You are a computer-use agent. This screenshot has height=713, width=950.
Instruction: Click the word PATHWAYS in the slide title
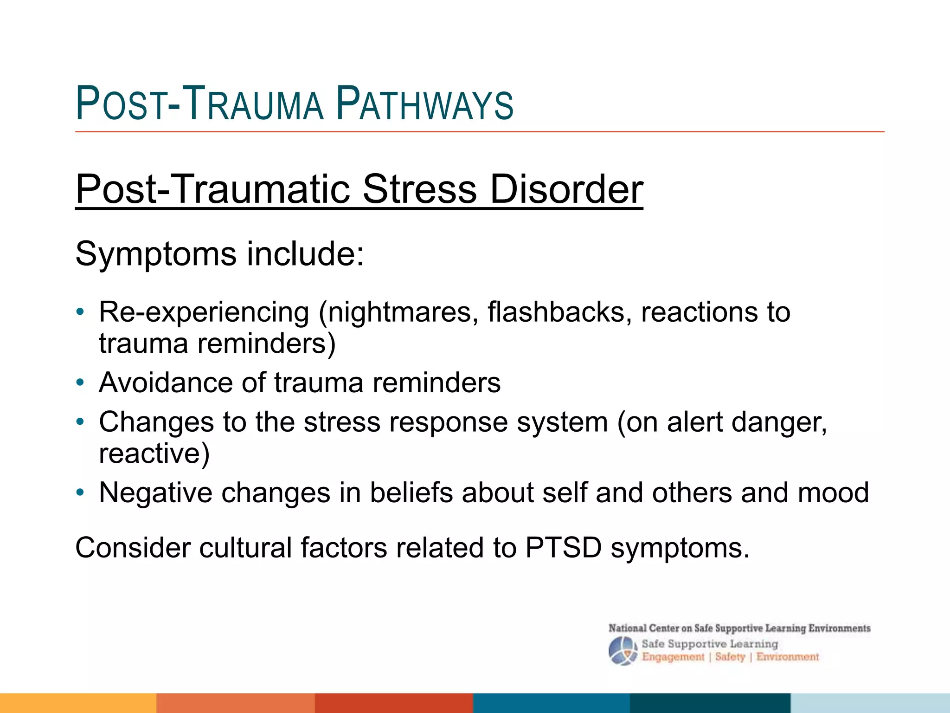pos(424,104)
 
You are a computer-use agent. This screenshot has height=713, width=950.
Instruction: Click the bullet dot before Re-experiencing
pos(80,312)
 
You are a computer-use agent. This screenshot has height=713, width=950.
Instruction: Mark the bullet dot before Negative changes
pos(80,493)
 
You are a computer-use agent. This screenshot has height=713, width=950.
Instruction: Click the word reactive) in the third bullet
pos(154,454)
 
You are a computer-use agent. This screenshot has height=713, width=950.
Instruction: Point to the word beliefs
pos(411,493)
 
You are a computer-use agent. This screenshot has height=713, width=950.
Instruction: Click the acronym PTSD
pos(563,548)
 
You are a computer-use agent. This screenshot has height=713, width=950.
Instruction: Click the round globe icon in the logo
pos(622,651)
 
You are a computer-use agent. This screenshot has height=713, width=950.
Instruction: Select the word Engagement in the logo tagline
pos(673,657)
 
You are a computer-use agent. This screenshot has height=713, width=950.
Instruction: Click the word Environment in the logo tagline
pos(787,657)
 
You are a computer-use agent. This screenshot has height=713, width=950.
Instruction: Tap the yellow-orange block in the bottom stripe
pos(78,703)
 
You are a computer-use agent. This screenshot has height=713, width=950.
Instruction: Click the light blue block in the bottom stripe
pos(870,703)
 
